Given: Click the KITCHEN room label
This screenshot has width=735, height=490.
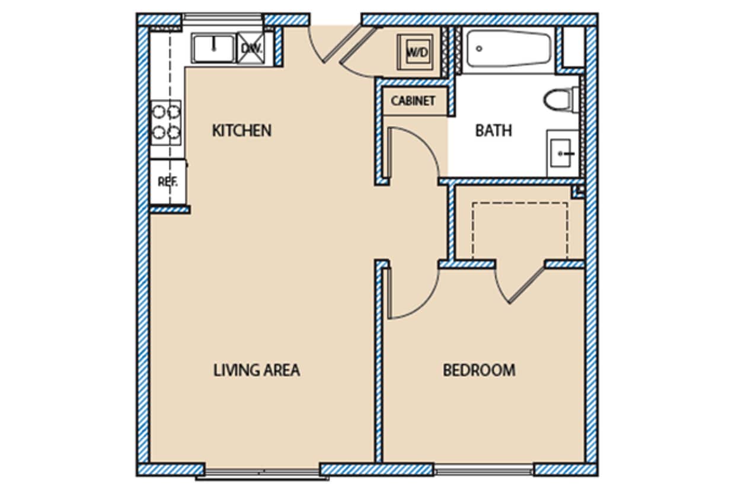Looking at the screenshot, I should (241, 130).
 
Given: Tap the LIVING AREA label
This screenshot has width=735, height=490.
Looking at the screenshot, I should (256, 370).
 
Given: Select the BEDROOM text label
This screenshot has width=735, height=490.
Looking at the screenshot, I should (479, 370).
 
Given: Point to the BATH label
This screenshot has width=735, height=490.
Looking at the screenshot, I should (493, 130).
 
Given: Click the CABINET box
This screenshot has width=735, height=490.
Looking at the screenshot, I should (413, 101).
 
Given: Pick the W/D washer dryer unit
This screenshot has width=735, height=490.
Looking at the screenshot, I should (417, 52).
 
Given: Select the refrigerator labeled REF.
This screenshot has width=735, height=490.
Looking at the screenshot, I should (167, 182).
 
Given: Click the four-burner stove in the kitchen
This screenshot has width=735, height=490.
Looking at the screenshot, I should (166, 121).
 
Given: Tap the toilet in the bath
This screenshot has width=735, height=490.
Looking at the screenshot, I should (560, 99).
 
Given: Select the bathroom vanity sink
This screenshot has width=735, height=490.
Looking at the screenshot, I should (562, 153).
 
